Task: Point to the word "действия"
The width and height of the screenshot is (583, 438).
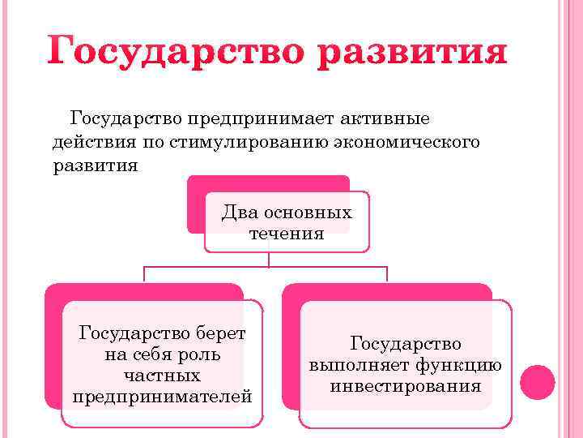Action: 87,143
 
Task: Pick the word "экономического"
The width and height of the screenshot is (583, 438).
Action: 388,143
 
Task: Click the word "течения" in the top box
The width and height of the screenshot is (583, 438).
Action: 287,234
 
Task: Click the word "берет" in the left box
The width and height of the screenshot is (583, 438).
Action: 221,333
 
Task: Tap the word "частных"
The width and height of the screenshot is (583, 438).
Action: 162,376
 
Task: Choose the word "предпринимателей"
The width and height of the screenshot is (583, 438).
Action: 162,397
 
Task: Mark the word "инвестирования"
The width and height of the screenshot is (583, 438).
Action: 405,387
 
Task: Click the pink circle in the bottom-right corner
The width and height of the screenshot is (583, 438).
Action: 537,382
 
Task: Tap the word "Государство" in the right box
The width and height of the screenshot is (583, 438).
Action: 405,344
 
